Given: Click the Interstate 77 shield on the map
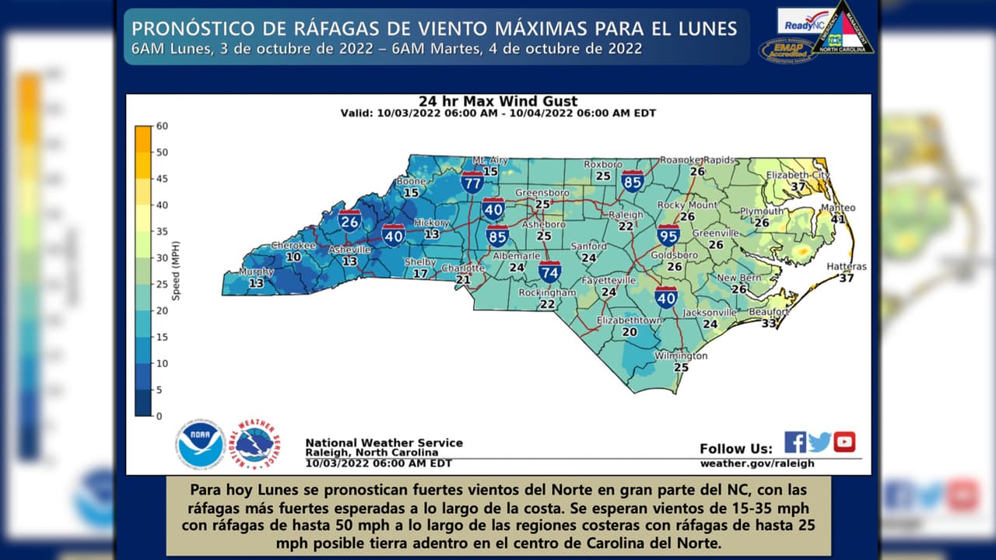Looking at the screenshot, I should click(472, 183).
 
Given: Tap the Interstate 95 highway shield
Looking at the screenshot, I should click(668, 235).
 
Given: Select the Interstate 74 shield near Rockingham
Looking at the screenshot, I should click(549, 271).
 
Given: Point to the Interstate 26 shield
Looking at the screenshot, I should click(349, 221).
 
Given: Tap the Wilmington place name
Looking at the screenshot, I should click(681, 355).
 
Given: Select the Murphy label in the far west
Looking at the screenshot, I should click(256, 272).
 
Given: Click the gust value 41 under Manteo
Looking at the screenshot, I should click(837, 219).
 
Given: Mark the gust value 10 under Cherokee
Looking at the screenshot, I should click(293, 257).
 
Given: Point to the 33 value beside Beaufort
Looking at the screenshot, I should click(769, 323).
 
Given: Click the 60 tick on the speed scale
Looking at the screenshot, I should click(162, 126).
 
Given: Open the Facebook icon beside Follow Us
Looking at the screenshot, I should click(794, 442).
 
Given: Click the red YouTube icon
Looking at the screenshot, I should click(844, 442).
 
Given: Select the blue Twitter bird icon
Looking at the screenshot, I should click(819, 443).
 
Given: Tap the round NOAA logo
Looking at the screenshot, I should click(200, 443).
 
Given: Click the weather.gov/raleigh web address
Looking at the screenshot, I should click(756, 464).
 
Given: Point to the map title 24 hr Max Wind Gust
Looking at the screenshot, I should click(498, 101).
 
